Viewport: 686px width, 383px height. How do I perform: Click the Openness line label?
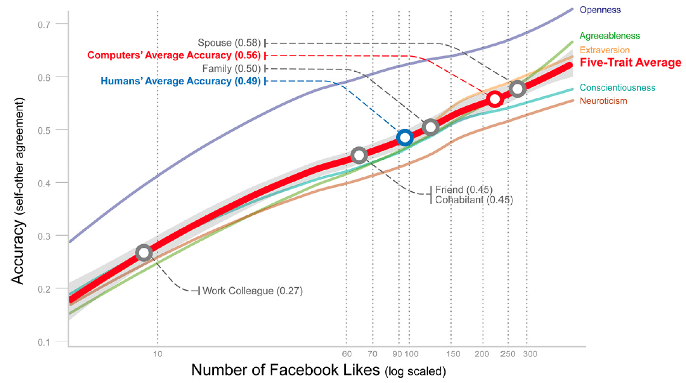600,10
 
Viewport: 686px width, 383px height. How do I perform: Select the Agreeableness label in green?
609,36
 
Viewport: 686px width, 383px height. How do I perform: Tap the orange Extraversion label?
604,50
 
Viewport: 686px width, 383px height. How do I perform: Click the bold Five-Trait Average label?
630,63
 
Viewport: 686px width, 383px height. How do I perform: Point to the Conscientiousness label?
617,88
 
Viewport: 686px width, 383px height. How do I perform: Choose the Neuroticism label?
603,101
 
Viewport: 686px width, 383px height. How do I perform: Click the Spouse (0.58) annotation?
229,43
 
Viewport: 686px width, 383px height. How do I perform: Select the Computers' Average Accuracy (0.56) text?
174,55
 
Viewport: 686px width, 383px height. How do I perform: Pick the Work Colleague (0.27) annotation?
252,291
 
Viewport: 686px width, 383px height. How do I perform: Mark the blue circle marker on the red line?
404,138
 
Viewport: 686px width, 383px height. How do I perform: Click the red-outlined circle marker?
494,99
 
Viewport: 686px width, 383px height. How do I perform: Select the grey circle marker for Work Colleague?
143,253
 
